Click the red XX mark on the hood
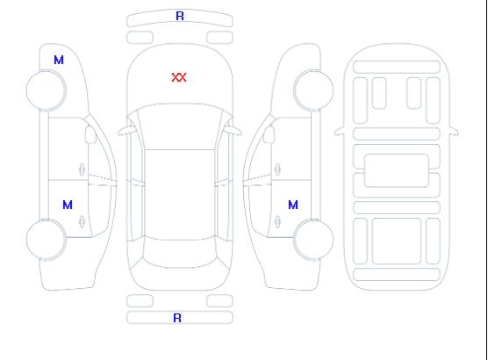(x=179, y=77)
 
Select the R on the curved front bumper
(x=180, y=16)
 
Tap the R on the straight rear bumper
(x=177, y=318)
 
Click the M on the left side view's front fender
(x=59, y=60)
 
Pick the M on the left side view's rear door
(x=68, y=205)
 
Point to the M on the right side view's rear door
(x=293, y=205)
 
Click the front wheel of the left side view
(x=46, y=90)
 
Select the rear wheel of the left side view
(x=46, y=240)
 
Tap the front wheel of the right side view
(x=313, y=90)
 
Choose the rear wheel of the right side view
(x=313, y=240)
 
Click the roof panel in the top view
(x=180, y=195)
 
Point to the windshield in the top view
(x=180, y=126)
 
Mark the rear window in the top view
(x=180, y=253)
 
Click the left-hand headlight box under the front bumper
(x=140, y=38)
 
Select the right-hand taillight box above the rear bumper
(x=219, y=301)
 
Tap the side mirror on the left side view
(x=90, y=134)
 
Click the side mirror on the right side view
(x=269, y=134)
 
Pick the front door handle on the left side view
(x=83, y=169)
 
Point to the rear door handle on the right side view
(x=277, y=221)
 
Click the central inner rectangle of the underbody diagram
(x=397, y=170)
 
